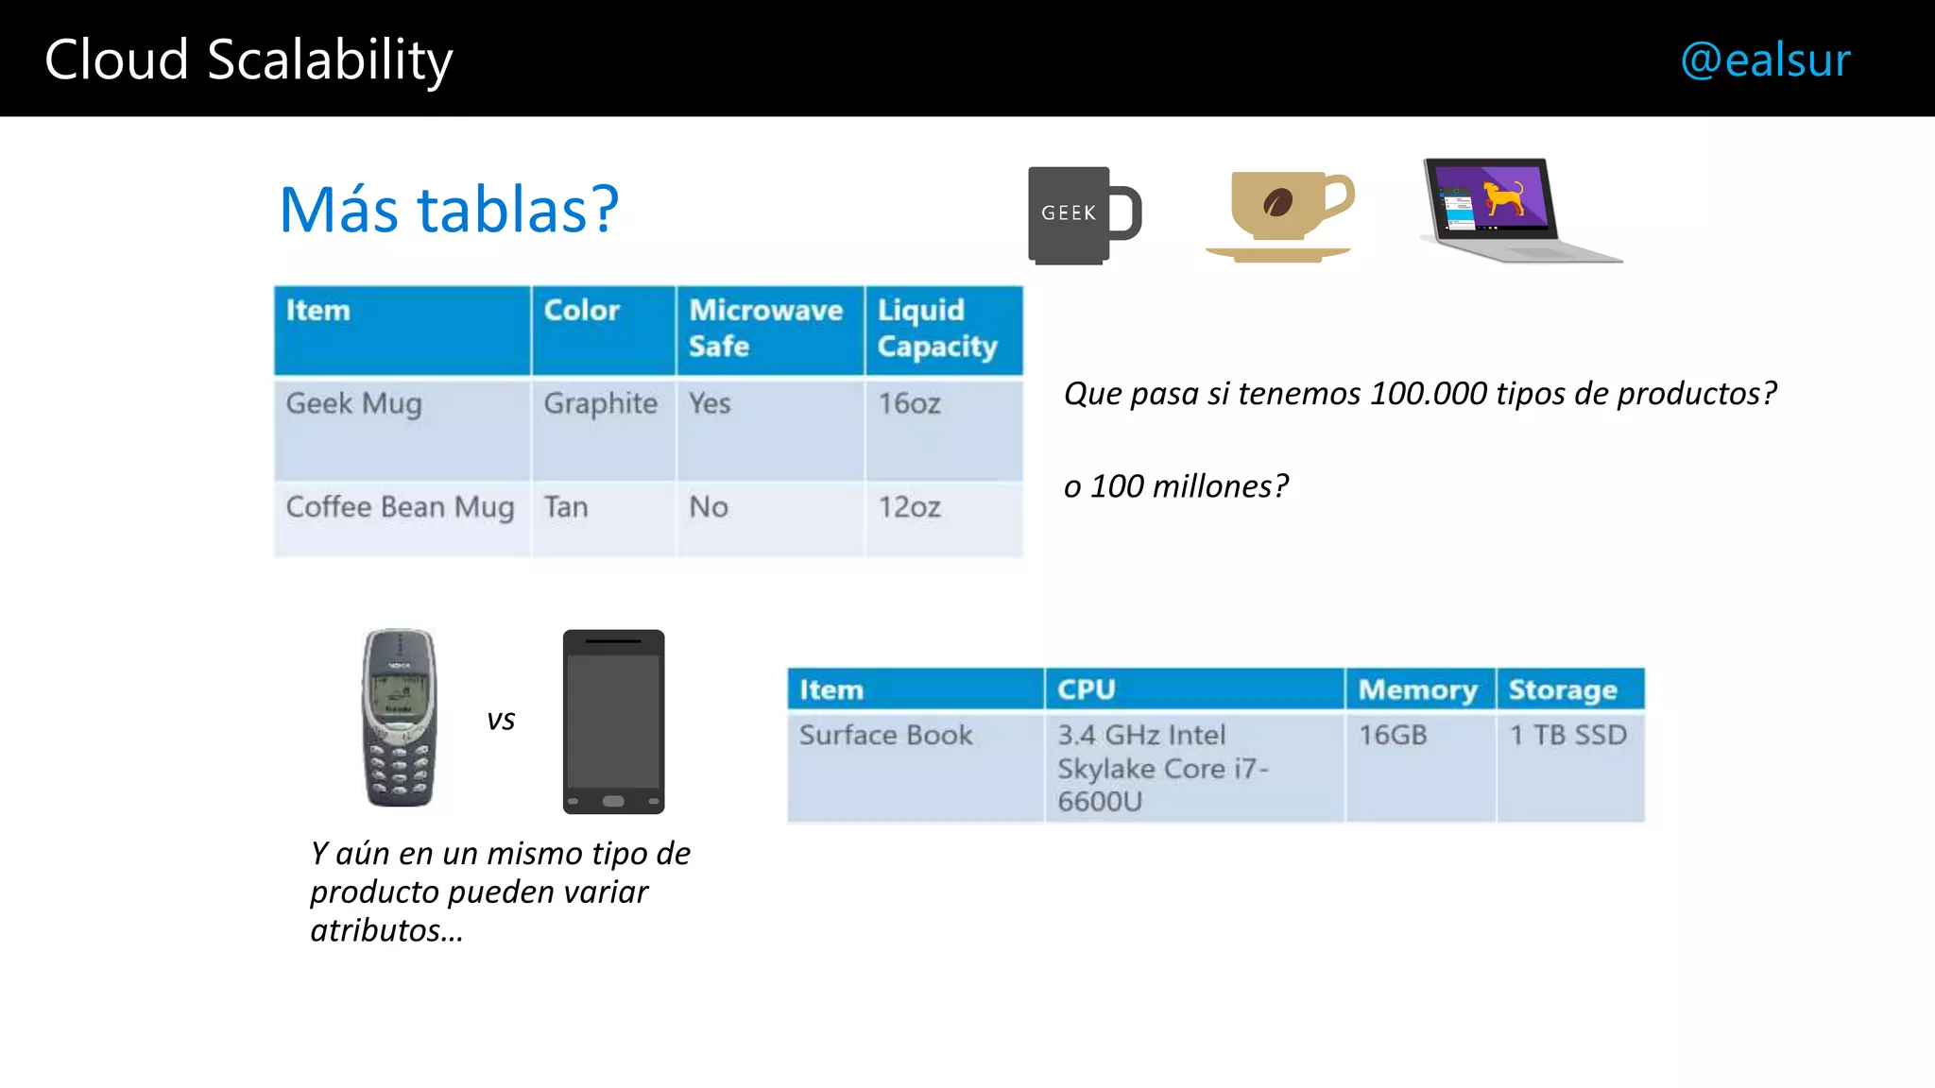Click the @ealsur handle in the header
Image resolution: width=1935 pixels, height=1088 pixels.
(x=1765, y=60)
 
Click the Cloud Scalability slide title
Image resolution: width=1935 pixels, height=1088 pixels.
(x=248, y=60)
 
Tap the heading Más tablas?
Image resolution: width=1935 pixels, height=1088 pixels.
(x=449, y=210)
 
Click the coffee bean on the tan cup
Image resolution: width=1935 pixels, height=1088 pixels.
(x=1277, y=202)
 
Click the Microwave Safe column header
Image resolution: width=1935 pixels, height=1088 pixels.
(x=766, y=328)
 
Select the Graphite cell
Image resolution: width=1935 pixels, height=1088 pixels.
(x=600, y=403)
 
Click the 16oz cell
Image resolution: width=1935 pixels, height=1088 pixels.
(x=909, y=403)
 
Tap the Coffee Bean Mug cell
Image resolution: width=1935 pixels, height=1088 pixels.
(x=400, y=507)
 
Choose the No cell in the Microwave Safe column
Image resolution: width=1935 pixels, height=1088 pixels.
(x=709, y=507)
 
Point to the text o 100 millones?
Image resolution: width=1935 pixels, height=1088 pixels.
(x=1175, y=485)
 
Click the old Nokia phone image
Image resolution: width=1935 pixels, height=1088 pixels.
(x=400, y=718)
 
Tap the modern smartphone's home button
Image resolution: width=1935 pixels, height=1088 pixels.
(x=613, y=801)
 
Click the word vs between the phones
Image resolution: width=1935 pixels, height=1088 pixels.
(x=501, y=720)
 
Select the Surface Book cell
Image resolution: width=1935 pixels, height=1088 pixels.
(x=885, y=735)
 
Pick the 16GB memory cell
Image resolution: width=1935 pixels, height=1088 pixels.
(x=1393, y=735)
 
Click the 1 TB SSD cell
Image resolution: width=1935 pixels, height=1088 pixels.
(x=1567, y=735)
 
